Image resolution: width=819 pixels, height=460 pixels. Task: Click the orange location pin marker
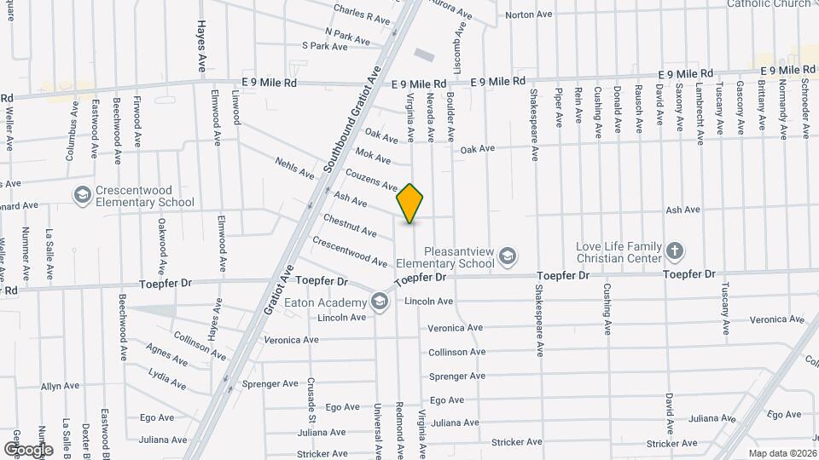[410, 204]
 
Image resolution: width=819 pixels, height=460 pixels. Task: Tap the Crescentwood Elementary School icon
[83, 196]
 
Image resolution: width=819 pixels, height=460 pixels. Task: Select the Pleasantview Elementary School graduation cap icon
[508, 256]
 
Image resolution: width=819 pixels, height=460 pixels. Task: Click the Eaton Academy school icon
[379, 302]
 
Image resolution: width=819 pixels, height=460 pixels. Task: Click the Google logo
[28, 449]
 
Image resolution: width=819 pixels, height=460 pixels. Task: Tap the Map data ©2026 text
[781, 452]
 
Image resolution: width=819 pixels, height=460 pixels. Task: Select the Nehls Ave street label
[294, 167]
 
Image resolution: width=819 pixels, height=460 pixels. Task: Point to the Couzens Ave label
[371, 179]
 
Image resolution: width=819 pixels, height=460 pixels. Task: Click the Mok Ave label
[373, 156]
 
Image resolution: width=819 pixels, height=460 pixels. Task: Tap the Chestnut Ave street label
[350, 226]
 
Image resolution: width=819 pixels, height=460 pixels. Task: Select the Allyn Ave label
[61, 386]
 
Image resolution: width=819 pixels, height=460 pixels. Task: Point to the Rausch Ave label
[638, 108]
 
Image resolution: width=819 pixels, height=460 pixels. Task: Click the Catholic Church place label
[769, 3]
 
